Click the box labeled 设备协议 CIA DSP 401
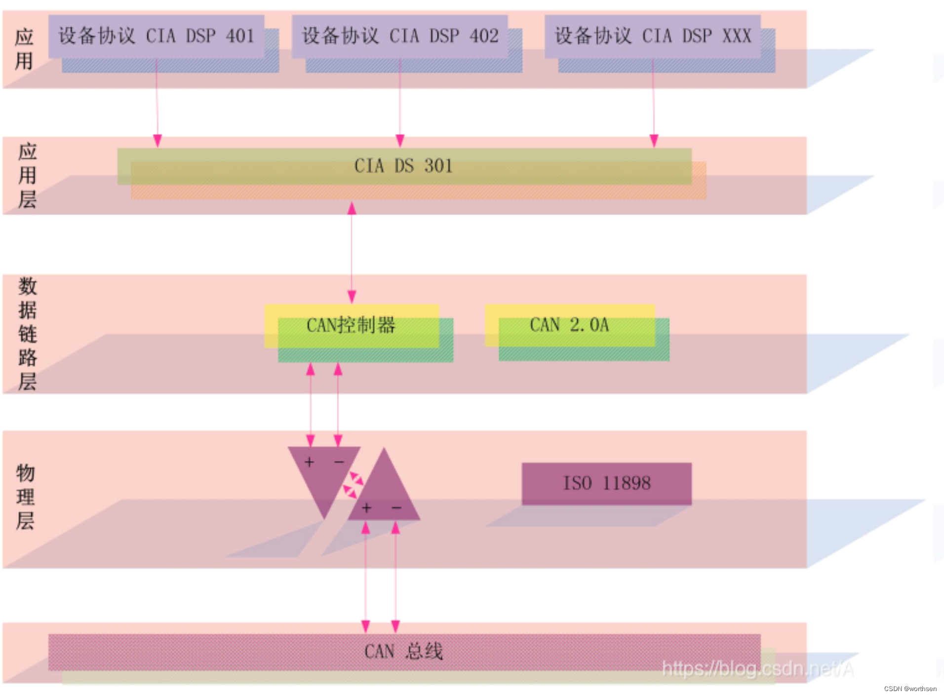coord(156,37)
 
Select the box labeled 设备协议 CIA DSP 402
coord(400,37)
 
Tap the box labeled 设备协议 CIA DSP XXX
coord(653,37)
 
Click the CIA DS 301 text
coord(403,166)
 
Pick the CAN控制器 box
coord(352,326)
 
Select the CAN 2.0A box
coord(570,325)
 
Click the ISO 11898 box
coord(607,483)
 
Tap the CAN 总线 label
coord(403,652)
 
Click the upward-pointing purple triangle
coord(384,494)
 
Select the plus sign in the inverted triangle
coord(310,462)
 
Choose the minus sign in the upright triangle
coord(396,508)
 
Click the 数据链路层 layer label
coord(27,334)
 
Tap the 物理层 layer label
coord(25,497)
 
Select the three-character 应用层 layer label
coord(27,175)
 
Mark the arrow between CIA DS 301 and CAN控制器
coord(352,252)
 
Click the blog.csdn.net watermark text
coord(757,669)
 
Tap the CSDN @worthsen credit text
coord(910,689)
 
